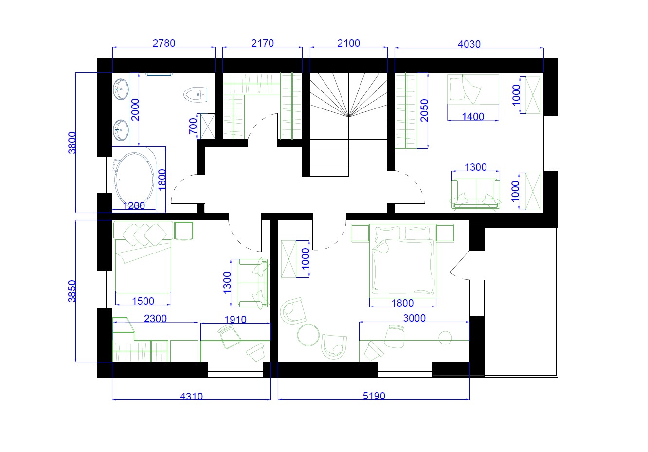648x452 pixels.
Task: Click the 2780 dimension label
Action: click(164, 43)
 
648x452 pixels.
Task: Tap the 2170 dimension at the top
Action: click(262, 43)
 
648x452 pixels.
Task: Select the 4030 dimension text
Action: click(469, 44)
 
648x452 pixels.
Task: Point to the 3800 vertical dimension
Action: click(72, 143)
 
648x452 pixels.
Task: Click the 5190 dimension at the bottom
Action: click(374, 396)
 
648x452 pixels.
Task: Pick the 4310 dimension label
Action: click(191, 396)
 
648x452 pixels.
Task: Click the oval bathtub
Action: click(134, 179)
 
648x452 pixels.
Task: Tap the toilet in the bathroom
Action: click(196, 94)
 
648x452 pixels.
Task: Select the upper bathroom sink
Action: click(121, 89)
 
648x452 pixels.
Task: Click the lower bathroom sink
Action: click(121, 130)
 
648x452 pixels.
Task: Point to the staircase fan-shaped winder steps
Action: click(349, 95)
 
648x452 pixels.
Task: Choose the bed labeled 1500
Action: click(143, 257)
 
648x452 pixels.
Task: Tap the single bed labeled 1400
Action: click(473, 90)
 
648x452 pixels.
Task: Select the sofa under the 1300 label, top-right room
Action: click(476, 193)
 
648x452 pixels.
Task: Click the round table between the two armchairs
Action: click(308, 335)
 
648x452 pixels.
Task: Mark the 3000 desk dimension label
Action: click(414, 318)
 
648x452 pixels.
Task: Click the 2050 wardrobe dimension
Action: click(424, 110)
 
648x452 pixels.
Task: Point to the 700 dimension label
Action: click(193, 126)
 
